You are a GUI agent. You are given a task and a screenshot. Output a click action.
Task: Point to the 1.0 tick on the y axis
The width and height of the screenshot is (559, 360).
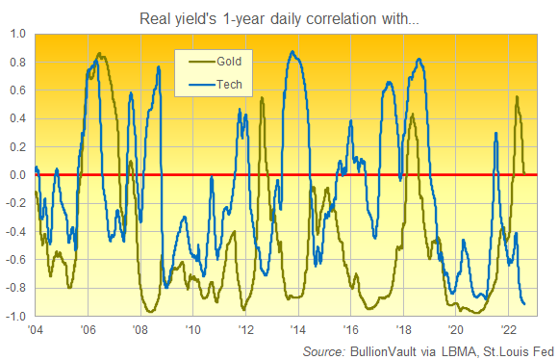click(18, 34)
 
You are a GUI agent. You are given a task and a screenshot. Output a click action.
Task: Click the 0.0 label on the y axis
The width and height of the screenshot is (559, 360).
click(18, 175)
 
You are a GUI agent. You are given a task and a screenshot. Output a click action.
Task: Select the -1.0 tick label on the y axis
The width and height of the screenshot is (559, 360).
click(16, 317)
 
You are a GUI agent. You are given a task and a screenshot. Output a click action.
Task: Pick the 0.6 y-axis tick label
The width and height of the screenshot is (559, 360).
click(18, 90)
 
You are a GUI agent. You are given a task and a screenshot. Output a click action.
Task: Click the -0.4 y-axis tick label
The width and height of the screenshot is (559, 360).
click(16, 232)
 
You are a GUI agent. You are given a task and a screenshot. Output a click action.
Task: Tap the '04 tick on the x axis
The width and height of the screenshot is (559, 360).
click(36, 329)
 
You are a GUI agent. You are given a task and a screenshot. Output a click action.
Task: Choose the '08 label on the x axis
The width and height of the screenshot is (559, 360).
click(140, 329)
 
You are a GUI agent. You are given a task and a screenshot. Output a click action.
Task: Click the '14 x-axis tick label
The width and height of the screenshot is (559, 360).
click(298, 329)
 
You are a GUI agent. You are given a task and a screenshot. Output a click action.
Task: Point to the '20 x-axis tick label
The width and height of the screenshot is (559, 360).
click(456, 329)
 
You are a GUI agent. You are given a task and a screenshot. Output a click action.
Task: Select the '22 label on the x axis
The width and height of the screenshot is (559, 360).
click(509, 329)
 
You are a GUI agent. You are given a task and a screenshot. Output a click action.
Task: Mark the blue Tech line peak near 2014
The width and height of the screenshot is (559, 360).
click(293, 52)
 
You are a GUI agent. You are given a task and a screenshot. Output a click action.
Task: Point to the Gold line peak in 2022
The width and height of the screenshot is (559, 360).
click(518, 96)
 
